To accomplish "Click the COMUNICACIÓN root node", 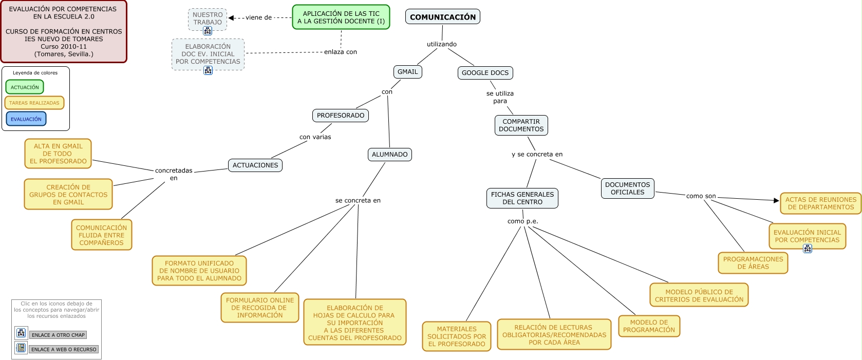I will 442,17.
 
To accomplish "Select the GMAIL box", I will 407,72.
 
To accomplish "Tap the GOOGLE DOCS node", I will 485,73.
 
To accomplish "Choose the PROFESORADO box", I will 340,116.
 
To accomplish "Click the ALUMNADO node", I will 389,155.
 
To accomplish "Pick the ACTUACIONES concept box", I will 255,165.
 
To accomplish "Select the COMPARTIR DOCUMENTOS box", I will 521,125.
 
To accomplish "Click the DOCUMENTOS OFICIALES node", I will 627,188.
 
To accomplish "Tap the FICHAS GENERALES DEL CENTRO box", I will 522,198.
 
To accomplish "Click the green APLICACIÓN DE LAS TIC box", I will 341,17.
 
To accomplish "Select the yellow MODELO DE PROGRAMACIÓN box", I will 649,326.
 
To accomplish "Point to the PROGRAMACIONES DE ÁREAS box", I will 753,263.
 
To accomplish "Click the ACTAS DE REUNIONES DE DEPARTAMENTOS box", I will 820,203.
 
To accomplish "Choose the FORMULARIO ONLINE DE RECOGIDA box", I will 259,308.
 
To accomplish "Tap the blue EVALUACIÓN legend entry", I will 26,119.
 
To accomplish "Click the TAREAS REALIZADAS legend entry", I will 34,103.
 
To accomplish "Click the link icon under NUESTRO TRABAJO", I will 208,31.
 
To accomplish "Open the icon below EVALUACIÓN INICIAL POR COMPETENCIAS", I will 807,249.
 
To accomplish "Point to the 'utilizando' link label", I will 441,44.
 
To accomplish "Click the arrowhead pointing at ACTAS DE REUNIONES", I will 776,200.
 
